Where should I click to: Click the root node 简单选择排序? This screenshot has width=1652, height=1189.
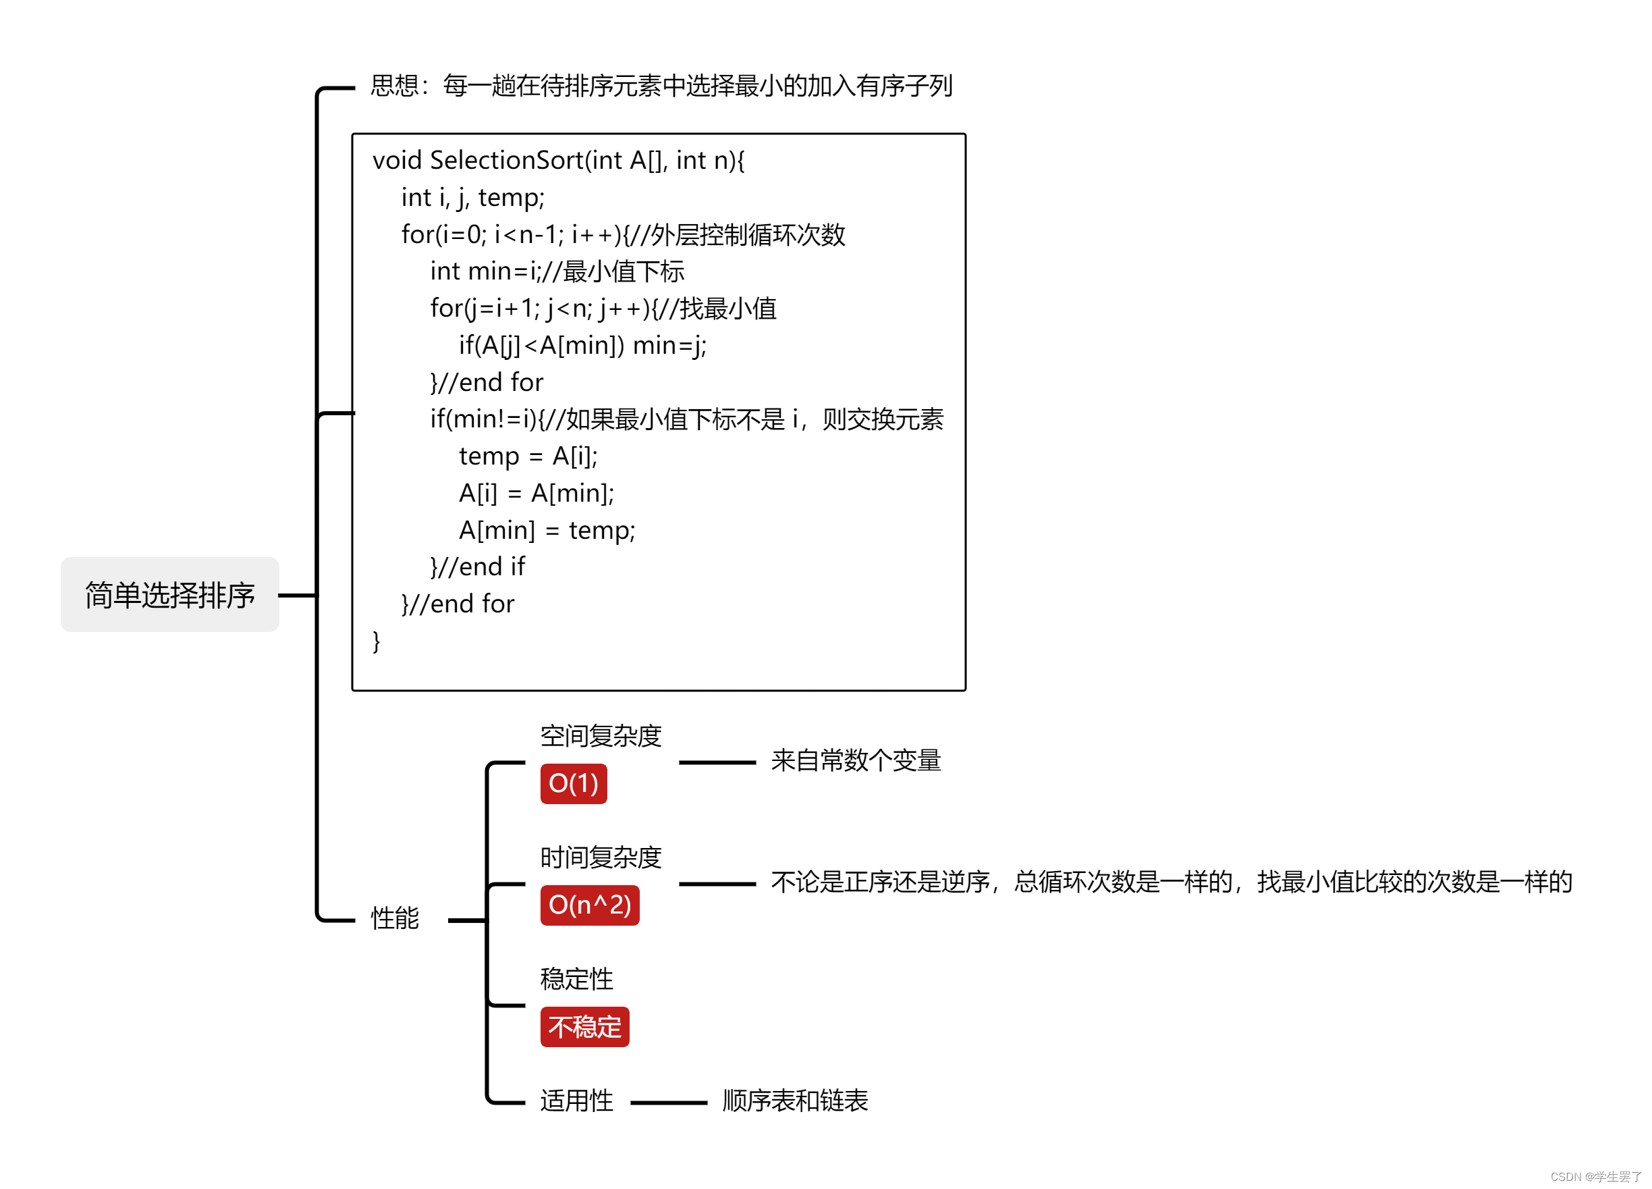[169, 594]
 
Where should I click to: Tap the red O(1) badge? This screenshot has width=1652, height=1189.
[573, 783]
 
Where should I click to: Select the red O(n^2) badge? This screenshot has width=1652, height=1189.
[589, 905]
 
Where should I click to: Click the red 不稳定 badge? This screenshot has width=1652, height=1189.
[584, 1026]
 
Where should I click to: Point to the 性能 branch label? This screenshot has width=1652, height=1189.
[395, 918]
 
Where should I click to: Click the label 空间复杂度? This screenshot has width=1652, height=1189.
[600, 736]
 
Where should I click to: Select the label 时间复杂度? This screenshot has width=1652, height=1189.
[600, 857]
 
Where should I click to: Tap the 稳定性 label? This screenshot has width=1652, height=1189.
[576, 978]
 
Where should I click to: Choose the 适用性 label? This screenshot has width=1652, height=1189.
[576, 1100]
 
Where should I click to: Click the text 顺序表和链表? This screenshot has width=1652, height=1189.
[795, 1100]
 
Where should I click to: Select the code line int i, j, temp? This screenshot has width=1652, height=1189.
[473, 197]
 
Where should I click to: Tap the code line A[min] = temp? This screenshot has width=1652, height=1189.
[547, 529]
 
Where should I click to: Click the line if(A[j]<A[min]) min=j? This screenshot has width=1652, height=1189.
[582, 345]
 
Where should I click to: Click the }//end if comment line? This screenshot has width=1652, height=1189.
[477, 566]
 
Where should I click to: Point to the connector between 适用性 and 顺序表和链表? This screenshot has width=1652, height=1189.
[668, 1103]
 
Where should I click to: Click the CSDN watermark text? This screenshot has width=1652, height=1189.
[1595, 1176]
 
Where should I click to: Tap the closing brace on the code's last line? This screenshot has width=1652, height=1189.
[376, 641]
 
